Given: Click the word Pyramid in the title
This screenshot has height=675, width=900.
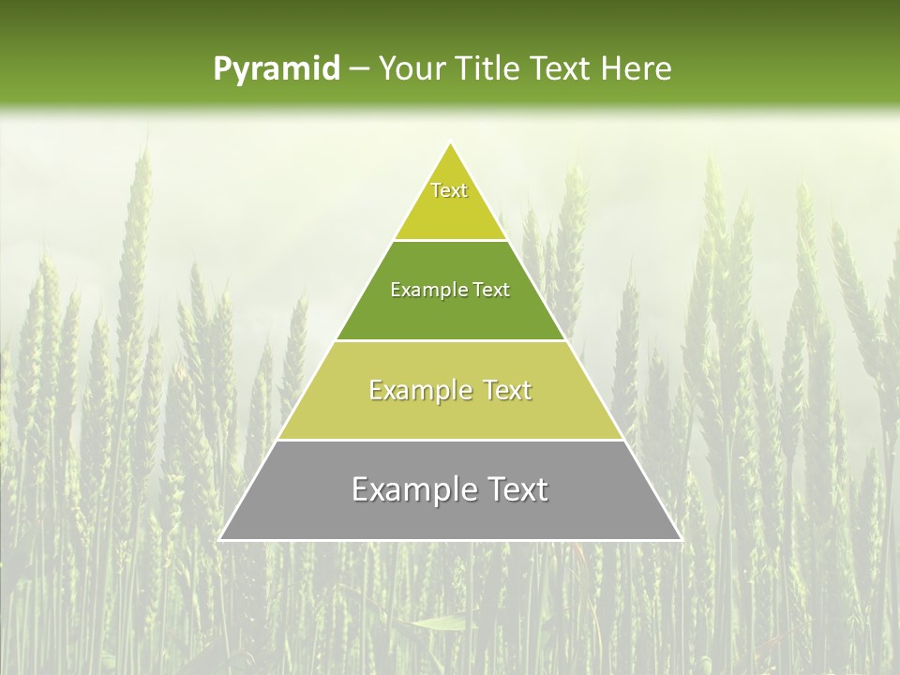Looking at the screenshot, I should click(x=276, y=69).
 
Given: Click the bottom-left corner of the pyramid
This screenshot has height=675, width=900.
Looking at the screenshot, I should click(x=220, y=539).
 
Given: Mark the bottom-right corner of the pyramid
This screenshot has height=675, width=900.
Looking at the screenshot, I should click(x=680, y=539).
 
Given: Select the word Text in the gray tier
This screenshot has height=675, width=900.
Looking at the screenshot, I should click(x=514, y=489).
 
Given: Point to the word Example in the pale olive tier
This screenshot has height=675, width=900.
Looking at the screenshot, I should click(x=417, y=390).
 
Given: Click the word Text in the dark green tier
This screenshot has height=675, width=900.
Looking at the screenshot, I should click(x=491, y=291).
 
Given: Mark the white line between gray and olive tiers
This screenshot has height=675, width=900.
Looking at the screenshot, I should click(x=450, y=440).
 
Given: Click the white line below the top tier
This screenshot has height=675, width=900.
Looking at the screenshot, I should click(x=450, y=240).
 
